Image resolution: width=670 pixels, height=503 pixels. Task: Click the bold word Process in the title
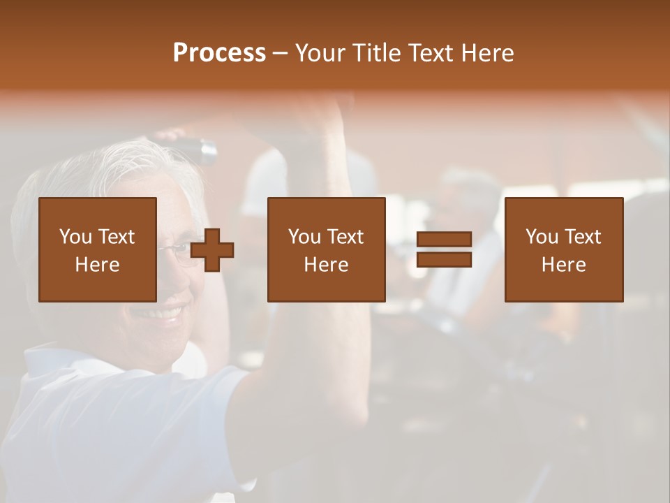(219, 53)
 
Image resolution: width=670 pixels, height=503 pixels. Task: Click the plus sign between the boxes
(212, 250)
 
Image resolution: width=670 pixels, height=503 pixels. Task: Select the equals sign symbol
(444, 250)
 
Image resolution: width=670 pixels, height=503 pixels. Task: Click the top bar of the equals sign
(444, 240)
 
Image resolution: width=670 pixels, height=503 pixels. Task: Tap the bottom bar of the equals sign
(444, 260)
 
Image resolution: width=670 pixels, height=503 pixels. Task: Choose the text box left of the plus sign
(98, 249)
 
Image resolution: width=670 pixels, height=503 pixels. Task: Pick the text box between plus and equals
(327, 249)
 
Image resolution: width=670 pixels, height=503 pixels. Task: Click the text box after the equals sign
(564, 249)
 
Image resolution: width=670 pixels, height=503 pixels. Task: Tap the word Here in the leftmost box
(97, 265)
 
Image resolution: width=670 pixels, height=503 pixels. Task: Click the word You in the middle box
(304, 237)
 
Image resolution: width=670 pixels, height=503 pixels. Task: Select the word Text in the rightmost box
(581, 237)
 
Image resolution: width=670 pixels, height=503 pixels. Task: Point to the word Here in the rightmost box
(563, 265)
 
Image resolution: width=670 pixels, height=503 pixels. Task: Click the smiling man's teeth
(162, 312)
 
